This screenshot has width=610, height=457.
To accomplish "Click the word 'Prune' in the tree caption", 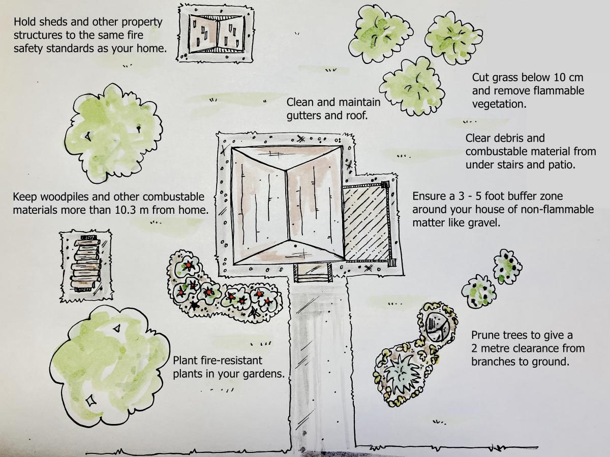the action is [x=485, y=336].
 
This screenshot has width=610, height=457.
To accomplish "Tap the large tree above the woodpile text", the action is [x=113, y=133].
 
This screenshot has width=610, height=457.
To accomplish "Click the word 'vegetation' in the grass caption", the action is [x=498, y=105].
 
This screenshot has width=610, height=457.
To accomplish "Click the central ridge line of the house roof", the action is [x=288, y=205].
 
